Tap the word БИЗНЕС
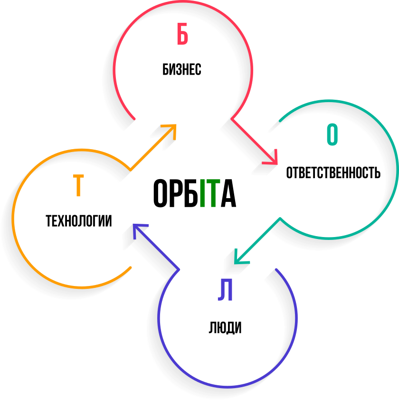(182, 69)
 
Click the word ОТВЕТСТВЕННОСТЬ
(333, 172)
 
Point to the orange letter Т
(78, 186)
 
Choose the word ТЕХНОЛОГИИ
(79, 221)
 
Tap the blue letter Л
(225, 290)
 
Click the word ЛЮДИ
(225, 328)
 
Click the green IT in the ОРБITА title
(209, 193)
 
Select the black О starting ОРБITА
(161, 193)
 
